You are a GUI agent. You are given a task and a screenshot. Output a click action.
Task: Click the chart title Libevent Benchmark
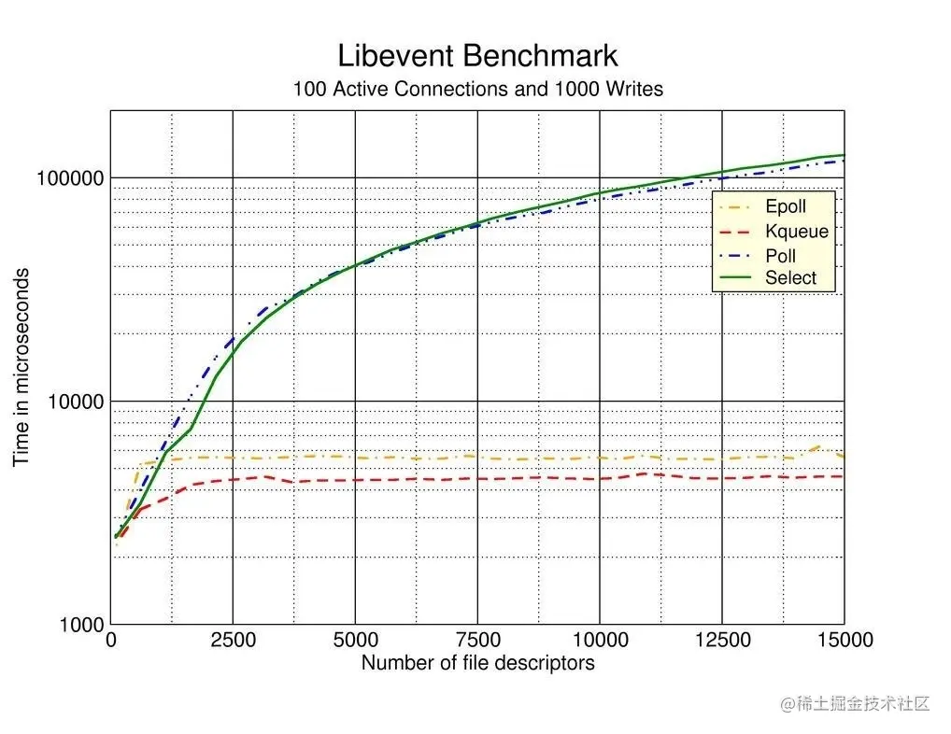point(477,55)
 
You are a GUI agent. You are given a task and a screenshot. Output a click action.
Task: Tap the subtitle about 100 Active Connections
point(477,90)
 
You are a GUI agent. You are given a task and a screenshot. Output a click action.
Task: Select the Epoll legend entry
point(785,207)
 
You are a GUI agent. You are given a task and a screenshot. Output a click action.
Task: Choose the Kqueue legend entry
point(796,232)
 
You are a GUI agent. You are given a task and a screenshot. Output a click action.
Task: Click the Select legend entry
point(790,278)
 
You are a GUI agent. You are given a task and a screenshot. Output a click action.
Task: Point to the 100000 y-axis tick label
point(68,178)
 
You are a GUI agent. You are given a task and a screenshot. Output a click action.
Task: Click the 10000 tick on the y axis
point(74,402)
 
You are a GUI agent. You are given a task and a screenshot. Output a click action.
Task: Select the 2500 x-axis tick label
point(233,641)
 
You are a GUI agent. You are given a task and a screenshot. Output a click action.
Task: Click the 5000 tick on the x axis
point(355,641)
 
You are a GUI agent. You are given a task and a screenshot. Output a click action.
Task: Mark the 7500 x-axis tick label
point(477,641)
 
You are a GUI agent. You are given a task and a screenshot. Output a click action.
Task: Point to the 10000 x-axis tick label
point(599,641)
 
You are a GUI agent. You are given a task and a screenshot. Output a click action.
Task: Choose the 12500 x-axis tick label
point(721,641)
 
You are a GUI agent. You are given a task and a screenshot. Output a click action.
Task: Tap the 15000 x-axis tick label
point(843,641)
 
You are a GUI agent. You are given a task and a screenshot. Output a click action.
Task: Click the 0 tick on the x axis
point(111,641)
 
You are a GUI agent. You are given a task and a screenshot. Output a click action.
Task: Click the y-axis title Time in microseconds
point(21,367)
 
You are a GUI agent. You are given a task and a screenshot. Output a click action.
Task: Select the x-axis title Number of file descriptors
point(477,664)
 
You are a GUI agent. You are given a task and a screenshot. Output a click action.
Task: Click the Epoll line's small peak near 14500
point(820,447)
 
